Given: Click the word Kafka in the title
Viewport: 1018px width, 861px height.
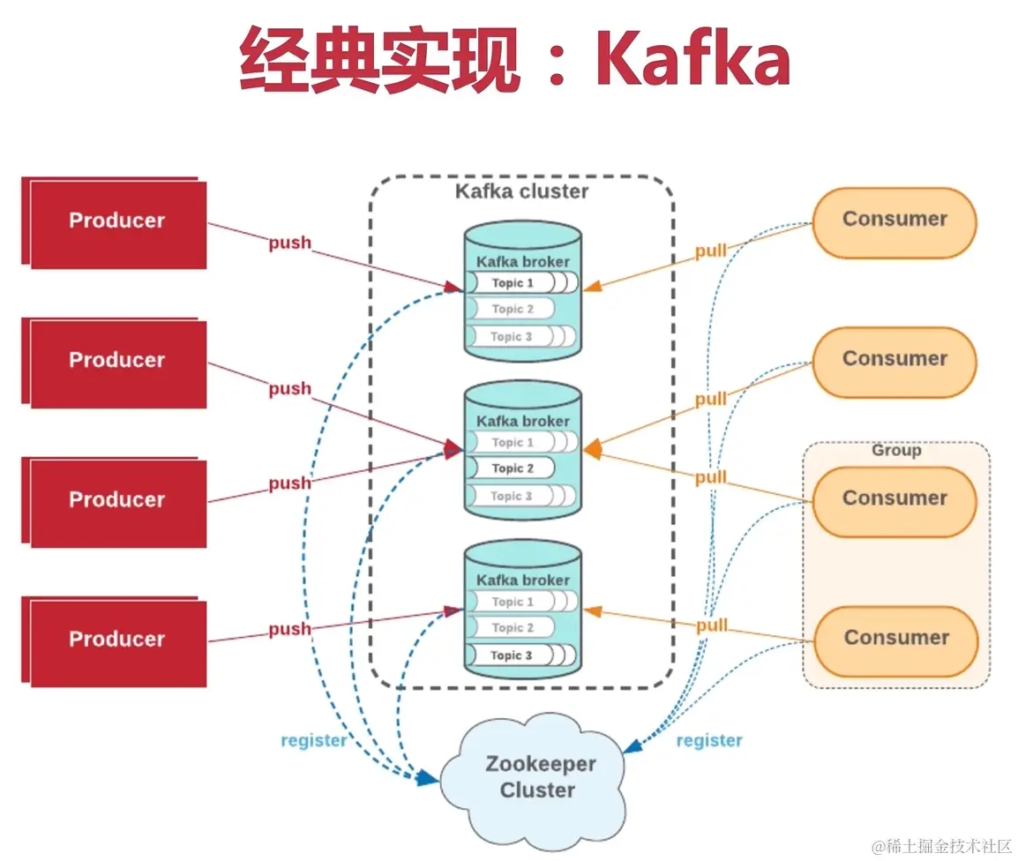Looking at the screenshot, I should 692,60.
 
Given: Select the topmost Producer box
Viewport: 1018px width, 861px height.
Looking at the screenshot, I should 116,221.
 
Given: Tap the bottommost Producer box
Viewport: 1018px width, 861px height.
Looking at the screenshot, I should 116,640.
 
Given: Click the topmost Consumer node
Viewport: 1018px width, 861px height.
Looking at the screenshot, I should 894,220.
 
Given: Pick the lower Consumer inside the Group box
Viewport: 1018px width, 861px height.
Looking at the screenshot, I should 895,638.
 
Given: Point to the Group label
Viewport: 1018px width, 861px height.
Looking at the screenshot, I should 895,451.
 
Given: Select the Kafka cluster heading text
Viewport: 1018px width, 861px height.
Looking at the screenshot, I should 521,191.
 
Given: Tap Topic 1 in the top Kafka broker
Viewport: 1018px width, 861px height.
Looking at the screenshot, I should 513,283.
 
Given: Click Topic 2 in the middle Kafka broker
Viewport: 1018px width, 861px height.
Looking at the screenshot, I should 513,468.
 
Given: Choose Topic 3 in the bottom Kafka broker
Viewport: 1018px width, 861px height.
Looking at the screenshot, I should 512,655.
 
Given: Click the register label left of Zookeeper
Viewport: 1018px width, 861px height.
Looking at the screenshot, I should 313,740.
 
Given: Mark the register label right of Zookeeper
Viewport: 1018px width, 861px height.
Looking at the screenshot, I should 708,740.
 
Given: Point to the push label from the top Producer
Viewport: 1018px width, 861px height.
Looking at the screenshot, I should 290,243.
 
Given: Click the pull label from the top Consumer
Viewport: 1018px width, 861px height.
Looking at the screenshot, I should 711,251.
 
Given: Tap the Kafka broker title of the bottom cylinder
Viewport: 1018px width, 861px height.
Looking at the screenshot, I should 522,580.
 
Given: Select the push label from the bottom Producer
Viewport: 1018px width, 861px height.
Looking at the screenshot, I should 290,629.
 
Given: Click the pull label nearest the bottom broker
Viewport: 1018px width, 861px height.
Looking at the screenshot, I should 711,625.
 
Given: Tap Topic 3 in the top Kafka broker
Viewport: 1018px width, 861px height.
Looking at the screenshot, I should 512,336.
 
